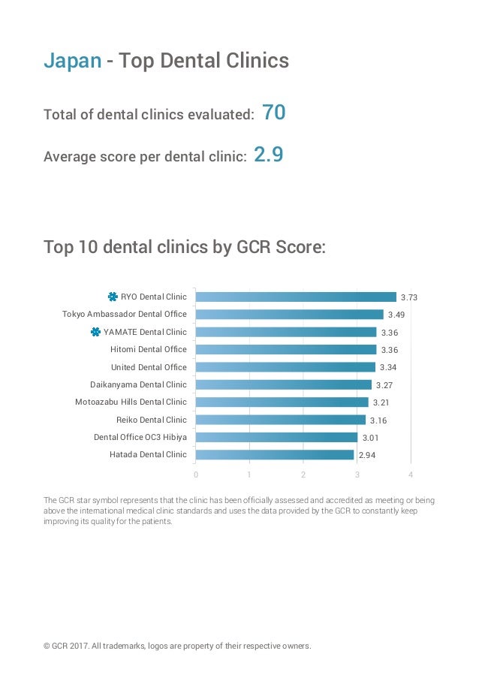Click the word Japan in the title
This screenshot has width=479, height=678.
(x=72, y=61)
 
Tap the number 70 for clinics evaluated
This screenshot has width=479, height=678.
(x=274, y=113)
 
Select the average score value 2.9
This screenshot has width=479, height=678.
(x=268, y=155)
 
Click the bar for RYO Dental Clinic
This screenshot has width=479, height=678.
(x=296, y=297)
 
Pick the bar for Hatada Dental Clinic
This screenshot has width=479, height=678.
(x=274, y=454)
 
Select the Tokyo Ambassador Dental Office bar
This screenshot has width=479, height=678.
(x=289, y=315)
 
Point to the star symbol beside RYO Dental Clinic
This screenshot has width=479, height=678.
(x=113, y=297)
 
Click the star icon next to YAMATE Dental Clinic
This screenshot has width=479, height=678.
(x=95, y=332)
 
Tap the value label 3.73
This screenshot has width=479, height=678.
(x=408, y=298)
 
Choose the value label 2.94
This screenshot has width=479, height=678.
(x=366, y=455)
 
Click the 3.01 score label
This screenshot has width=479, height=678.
(x=370, y=438)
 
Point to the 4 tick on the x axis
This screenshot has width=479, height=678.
(x=411, y=475)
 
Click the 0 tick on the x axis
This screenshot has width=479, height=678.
(x=196, y=475)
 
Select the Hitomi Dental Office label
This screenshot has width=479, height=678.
(x=149, y=349)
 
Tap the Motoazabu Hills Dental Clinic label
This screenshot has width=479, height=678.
(x=131, y=402)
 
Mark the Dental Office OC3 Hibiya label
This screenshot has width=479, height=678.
(x=140, y=437)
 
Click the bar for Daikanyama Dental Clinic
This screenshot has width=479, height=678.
(x=283, y=384)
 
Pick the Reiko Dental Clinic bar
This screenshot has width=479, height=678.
(x=280, y=420)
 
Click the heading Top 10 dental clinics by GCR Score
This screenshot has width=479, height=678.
(x=185, y=246)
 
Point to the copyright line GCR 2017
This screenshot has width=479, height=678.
(x=177, y=645)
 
